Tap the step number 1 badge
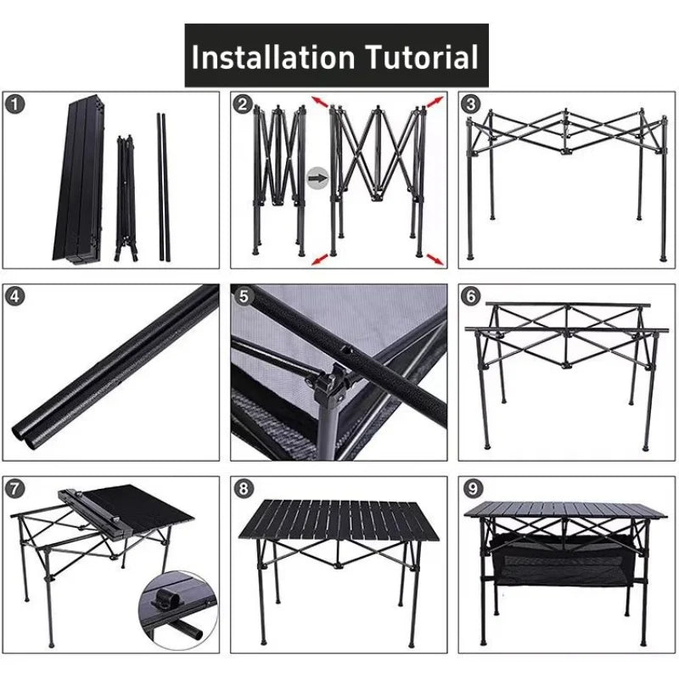click(14, 104)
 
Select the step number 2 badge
click(244, 104)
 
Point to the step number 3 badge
click(471, 104)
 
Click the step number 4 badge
click(14, 297)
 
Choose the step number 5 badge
click(244, 297)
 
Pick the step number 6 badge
click(471, 297)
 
